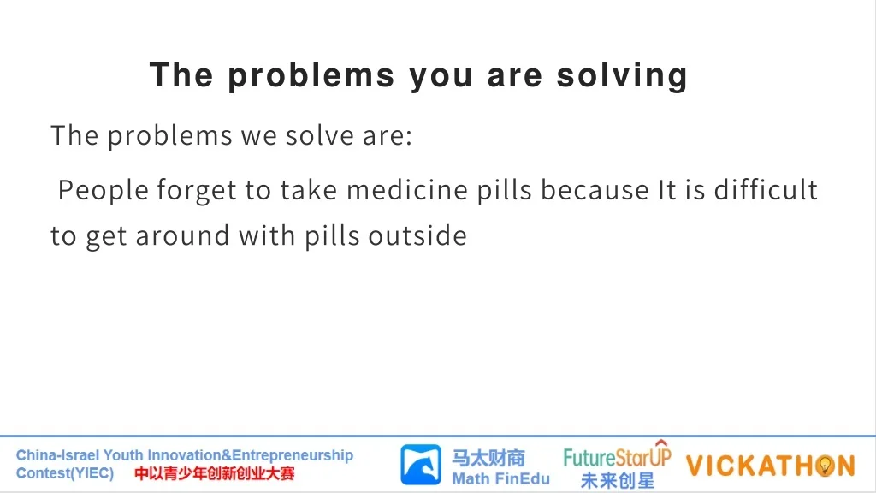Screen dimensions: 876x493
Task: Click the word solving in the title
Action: (622, 76)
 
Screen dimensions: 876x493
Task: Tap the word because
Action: (595, 190)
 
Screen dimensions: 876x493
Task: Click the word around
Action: (182, 236)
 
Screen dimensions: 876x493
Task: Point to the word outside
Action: (417, 236)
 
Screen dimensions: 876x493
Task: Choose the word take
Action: (309, 190)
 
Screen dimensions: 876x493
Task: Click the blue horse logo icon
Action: (421, 465)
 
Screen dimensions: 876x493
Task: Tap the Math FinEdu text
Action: (500, 479)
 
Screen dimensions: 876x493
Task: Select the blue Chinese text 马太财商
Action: (488, 459)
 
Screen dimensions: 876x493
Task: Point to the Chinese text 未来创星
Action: (618, 480)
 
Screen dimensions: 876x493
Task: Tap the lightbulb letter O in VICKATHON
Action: (825, 466)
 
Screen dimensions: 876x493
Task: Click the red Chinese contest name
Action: (215, 474)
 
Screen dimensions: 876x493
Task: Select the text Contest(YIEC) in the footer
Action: (65, 473)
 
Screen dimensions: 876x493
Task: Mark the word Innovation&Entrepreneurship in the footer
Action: (251, 455)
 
